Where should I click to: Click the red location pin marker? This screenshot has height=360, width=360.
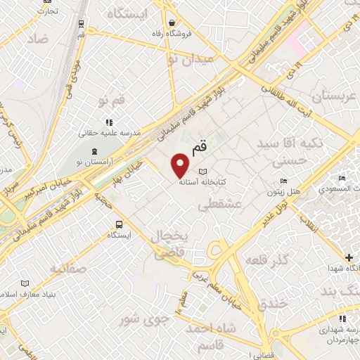pyautogui.click(x=181, y=164)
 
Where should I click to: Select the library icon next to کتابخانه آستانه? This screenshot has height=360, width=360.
pyautogui.click(x=203, y=172)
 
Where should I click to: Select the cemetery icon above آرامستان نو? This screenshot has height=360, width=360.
pyautogui.click(x=94, y=150)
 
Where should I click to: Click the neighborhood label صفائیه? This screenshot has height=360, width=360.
pyautogui.click(x=67, y=268)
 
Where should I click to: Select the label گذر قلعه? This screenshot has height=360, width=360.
pyautogui.click(x=267, y=261)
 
